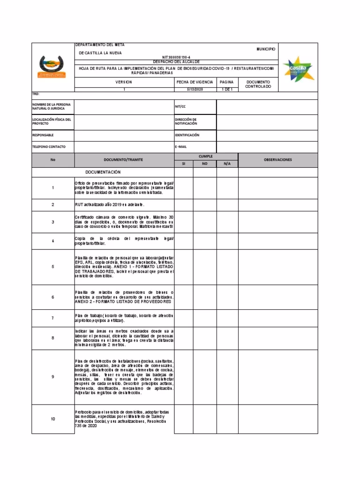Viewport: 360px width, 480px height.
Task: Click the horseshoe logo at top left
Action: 52,67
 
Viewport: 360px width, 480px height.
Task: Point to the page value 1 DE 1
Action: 227,89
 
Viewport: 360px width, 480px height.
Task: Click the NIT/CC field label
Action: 180,106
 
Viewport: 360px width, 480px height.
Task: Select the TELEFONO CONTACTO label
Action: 49,147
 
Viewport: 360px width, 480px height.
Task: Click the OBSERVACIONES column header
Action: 277,159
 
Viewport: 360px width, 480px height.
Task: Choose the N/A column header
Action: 227,164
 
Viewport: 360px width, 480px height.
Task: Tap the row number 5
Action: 53,267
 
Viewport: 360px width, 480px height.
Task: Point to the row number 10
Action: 53,419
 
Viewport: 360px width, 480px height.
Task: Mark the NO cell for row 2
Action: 204,205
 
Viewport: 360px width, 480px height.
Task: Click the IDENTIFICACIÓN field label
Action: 187,135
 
